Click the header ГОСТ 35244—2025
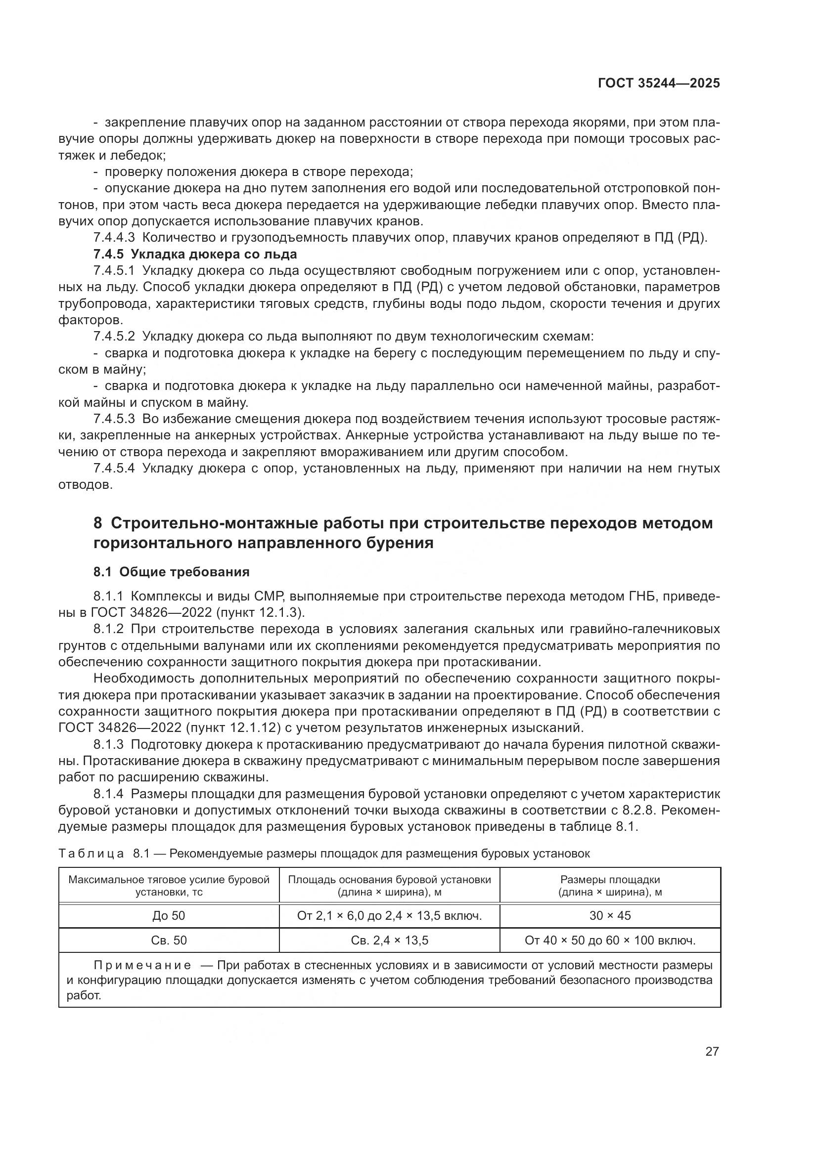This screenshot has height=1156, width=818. coord(659,83)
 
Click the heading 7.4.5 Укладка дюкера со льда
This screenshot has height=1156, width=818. coord(195,254)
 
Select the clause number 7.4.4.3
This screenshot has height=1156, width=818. coord(114,238)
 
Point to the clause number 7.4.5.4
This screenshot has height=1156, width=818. coord(114,468)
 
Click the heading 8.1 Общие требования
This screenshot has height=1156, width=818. coord(171,572)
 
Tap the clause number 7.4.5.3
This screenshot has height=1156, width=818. coord(114,419)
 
